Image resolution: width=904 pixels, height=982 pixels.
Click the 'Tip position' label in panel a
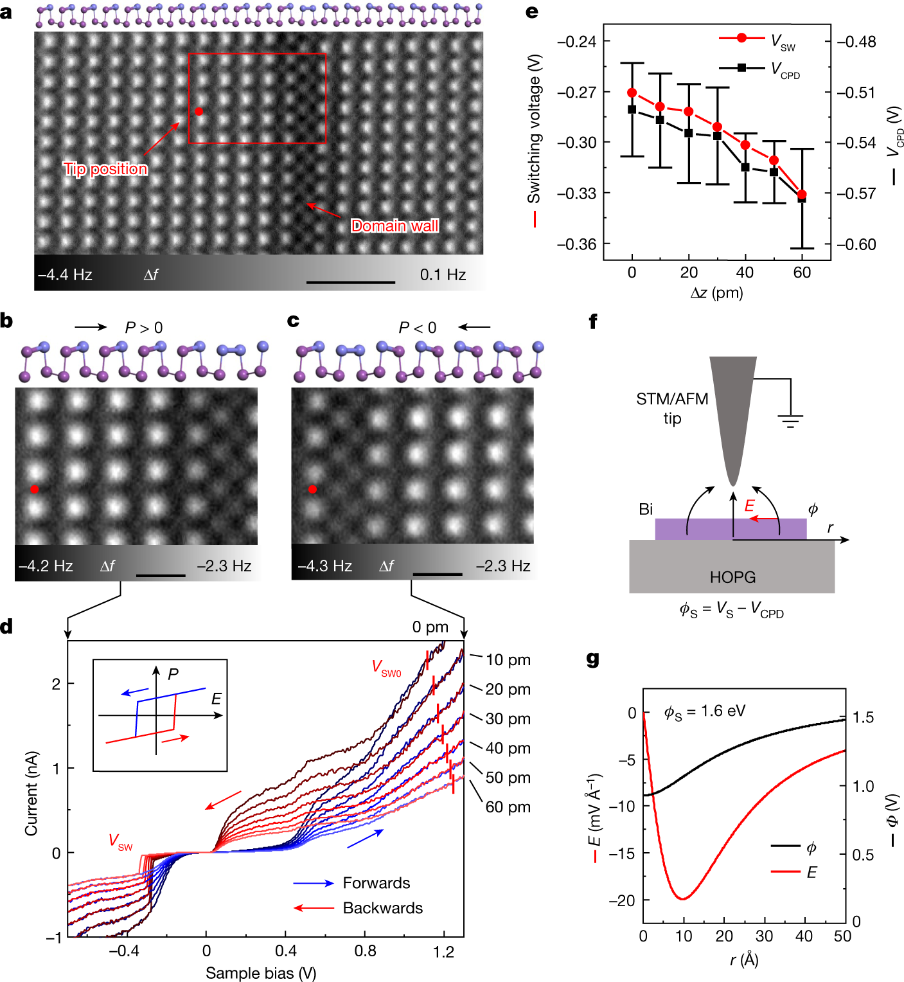click(x=105, y=169)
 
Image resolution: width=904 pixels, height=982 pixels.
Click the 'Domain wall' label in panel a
click(x=394, y=226)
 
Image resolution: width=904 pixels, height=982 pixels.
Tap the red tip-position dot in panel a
click(x=199, y=111)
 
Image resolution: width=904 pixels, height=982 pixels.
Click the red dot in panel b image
click(x=35, y=489)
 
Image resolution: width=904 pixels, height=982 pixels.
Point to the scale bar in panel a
click(x=351, y=282)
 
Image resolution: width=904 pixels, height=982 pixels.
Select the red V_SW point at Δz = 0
click(x=632, y=93)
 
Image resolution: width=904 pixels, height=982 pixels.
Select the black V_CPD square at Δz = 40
click(x=745, y=167)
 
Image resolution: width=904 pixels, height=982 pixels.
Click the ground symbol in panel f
click(x=790, y=421)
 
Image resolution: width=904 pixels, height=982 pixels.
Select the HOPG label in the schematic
click(x=732, y=577)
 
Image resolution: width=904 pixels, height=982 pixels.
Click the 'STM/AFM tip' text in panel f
click(x=672, y=409)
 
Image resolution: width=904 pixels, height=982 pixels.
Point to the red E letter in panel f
click(x=749, y=506)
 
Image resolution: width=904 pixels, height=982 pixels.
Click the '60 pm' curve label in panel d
click(x=508, y=807)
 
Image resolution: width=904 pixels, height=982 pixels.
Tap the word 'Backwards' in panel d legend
click(x=383, y=908)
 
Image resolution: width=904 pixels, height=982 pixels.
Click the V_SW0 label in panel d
click(x=386, y=668)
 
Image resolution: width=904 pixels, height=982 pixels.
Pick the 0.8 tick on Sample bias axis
click(x=366, y=951)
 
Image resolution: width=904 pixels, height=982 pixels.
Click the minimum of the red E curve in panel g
click(x=682, y=898)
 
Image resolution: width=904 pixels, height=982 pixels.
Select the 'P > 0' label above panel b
click(x=144, y=328)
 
